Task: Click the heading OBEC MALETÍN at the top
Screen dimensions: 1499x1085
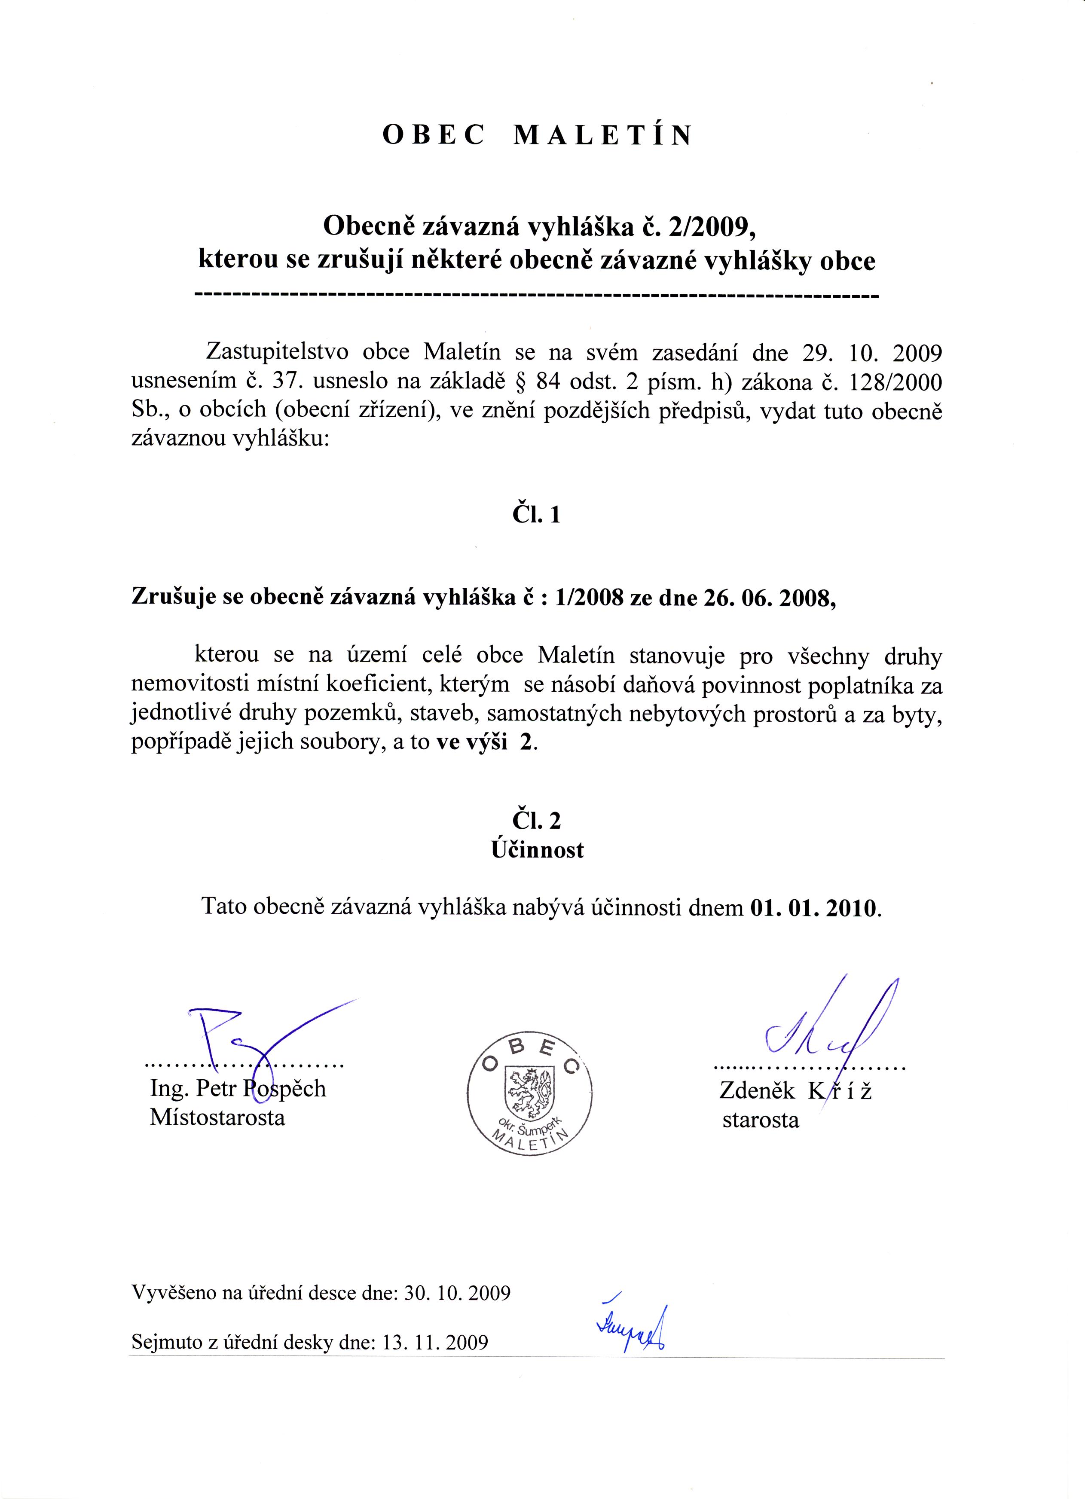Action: click(x=537, y=135)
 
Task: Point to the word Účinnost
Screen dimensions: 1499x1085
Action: click(x=537, y=850)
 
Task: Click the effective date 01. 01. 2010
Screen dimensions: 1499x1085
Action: click(x=815, y=907)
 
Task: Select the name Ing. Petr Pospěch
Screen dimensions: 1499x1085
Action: click(x=238, y=1089)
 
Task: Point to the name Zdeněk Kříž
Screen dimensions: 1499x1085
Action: click(x=795, y=1091)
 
